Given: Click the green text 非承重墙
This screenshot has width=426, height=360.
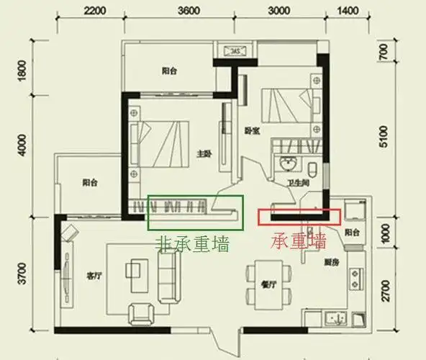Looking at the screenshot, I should click(x=192, y=244).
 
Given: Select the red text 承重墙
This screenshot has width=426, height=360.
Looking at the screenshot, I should click(x=298, y=240).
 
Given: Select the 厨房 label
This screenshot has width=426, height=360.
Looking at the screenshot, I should click(x=331, y=262).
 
